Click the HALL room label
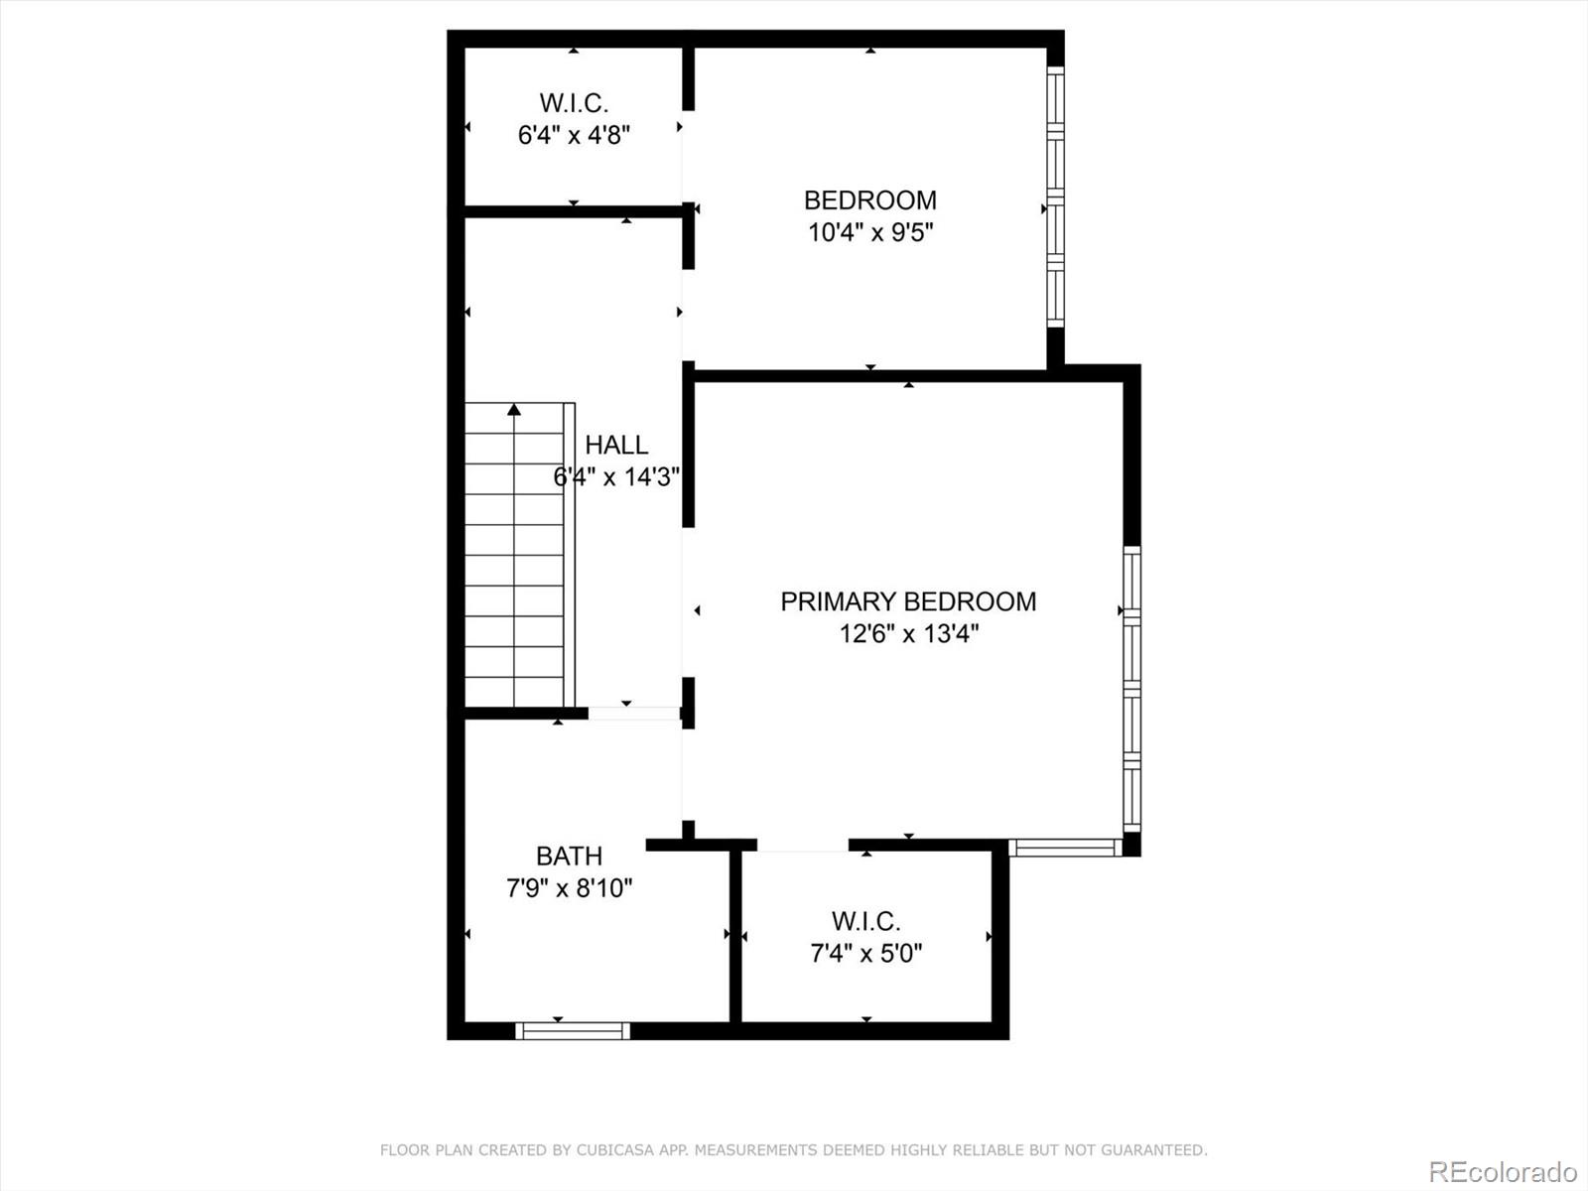coord(616,445)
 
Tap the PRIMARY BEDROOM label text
coord(908,601)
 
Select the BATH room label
coord(569,856)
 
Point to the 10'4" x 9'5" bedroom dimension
coord(870,232)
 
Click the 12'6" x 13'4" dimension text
coord(908,633)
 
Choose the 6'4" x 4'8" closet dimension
coord(574,135)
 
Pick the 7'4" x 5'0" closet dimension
coord(865,954)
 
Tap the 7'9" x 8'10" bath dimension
coord(569,887)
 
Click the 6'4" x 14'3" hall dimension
coord(616,477)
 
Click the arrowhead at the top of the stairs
coord(514,409)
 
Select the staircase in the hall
coord(516,556)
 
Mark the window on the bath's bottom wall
coord(573,1031)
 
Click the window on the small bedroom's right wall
coord(1056,197)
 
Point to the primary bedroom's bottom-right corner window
coord(1066,848)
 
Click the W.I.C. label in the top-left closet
coord(574,103)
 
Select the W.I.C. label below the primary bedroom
coord(865,921)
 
